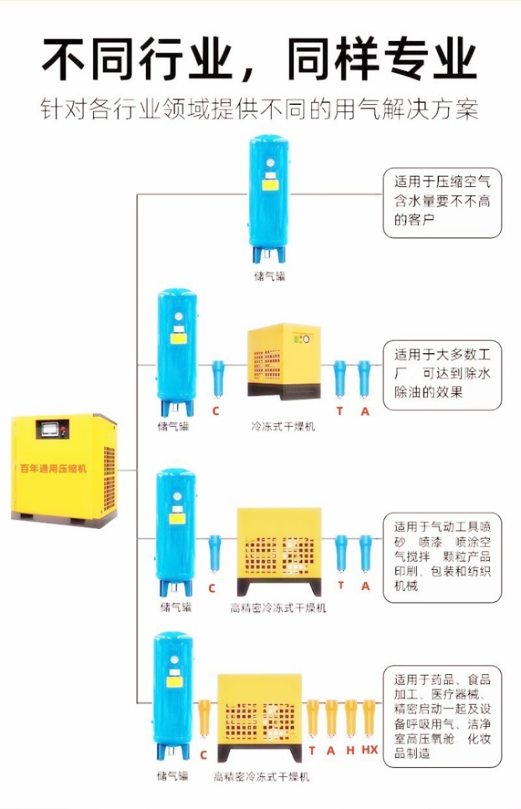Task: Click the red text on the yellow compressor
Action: (x=53, y=468)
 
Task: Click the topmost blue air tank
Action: (x=269, y=199)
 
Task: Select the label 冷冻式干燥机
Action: (x=283, y=426)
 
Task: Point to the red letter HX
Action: (x=370, y=750)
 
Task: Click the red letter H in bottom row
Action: (x=350, y=750)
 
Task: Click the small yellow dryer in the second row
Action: (x=283, y=361)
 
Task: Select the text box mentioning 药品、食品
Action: (x=442, y=716)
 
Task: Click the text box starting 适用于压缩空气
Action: (x=442, y=203)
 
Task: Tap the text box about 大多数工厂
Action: (x=442, y=375)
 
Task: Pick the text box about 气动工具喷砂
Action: (x=442, y=557)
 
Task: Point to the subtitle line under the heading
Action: (x=260, y=109)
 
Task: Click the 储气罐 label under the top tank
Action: (x=270, y=276)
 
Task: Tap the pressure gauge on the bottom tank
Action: (x=174, y=660)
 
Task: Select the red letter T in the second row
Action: (x=340, y=411)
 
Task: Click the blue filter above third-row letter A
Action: (x=365, y=553)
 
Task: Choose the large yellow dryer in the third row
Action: (x=279, y=551)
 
